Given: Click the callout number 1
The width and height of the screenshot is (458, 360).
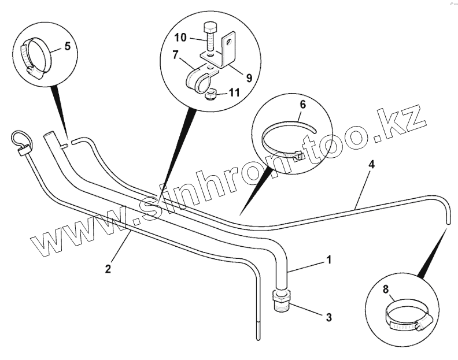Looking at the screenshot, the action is [x=329, y=261].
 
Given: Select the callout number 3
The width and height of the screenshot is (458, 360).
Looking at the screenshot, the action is [x=328, y=317].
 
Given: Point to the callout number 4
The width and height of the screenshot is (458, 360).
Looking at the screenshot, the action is [x=371, y=165].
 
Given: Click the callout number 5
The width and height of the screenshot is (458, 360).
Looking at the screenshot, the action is [x=68, y=46].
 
